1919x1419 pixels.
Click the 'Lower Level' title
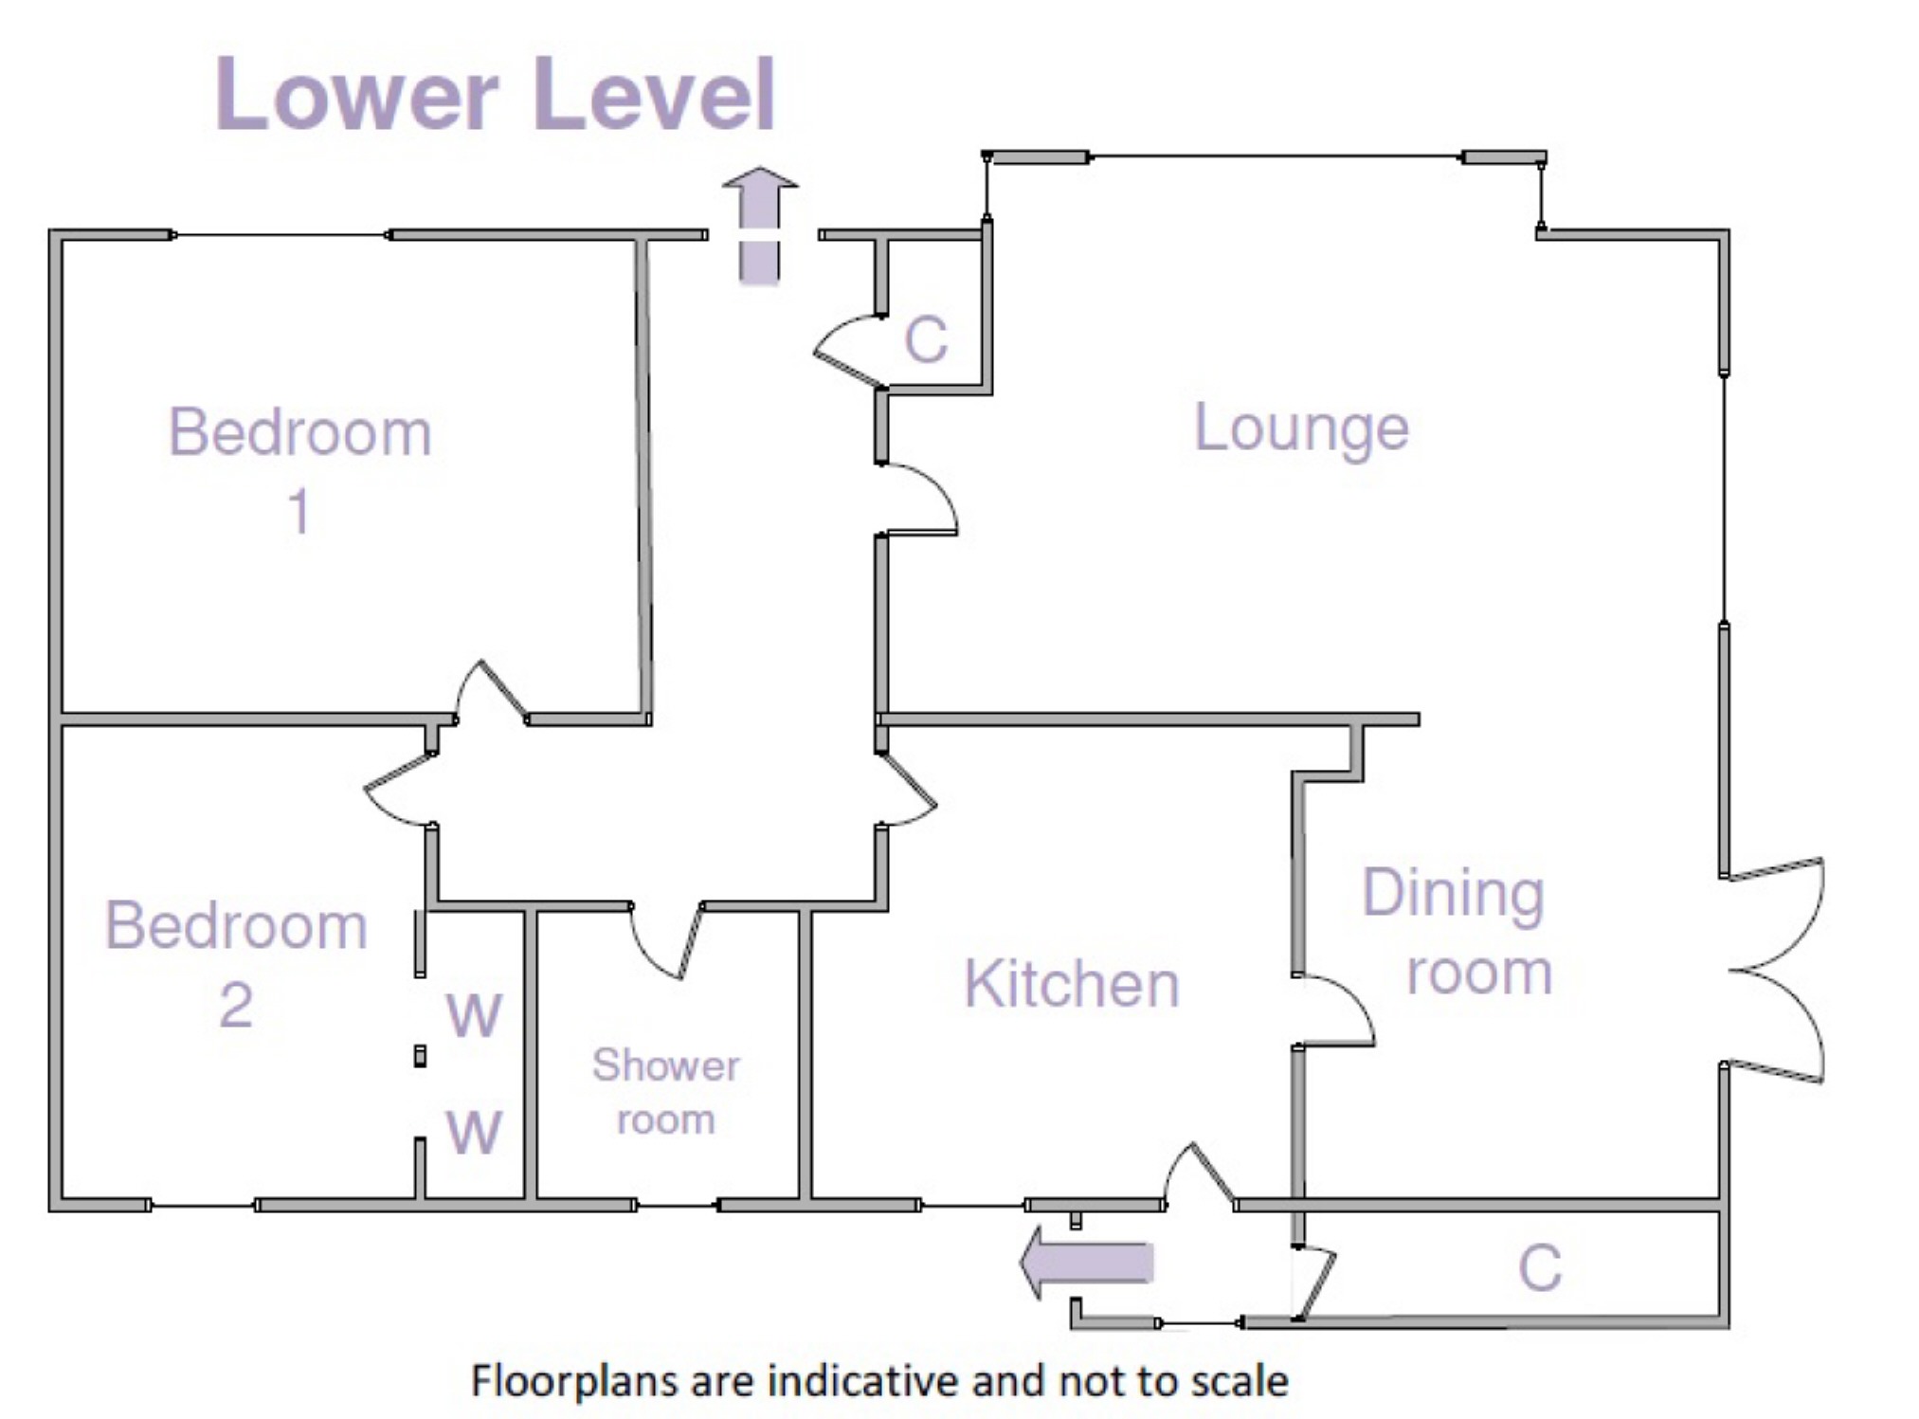[496, 94]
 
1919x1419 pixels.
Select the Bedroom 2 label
[236, 962]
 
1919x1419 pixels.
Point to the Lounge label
[1301, 428]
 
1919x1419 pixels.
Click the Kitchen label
[1071, 984]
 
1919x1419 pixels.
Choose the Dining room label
[1456, 932]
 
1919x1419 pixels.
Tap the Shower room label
[665, 1092]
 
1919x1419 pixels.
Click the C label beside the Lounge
[926, 338]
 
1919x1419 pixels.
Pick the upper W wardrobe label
[474, 1015]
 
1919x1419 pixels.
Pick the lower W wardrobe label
[474, 1132]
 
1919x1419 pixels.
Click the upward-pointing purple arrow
[759, 226]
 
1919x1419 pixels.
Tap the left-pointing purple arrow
[1087, 1262]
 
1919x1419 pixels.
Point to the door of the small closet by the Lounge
[846, 351]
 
